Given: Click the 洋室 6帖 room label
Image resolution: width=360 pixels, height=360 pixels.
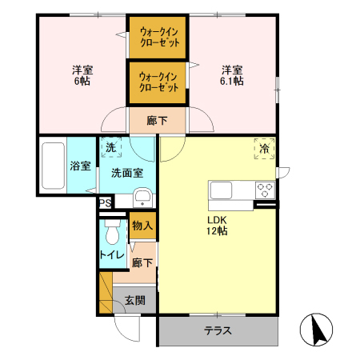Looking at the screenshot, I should pyautogui.click(x=81, y=74).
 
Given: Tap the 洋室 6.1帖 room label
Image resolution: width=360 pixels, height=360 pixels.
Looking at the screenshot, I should pyautogui.click(x=232, y=74).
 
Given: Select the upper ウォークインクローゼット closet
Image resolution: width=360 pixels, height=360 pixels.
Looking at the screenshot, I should pyautogui.click(x=158, y=37).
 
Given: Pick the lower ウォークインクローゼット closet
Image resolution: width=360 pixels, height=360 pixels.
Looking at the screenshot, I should pyautogui.click(x=158, y=82).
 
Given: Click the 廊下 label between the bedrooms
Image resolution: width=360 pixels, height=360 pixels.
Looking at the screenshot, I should pyautogui.click(x=158, y=122).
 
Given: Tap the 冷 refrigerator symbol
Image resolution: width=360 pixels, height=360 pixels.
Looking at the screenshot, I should pyautogui.click(x=264, y=148).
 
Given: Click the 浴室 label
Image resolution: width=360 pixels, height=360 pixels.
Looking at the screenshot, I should pyautogui.click(x=80, y=166).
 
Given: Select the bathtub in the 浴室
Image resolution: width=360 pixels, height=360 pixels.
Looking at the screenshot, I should pyautogui.click(x=52, y=166).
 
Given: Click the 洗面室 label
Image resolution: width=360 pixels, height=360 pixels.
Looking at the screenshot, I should pyautogui.click(x=126, y=172).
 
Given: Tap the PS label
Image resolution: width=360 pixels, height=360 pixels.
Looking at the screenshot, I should pyautogui.click(x=105, y=204).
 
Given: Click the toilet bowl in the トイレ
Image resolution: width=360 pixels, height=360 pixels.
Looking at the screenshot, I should pyautogui.click(x=111, y=233).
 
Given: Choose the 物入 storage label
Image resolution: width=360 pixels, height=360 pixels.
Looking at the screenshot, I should pyautogui.click(x=142, y=226).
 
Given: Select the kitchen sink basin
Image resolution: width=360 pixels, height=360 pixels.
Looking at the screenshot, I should pyautogui.click(x=222, y=190).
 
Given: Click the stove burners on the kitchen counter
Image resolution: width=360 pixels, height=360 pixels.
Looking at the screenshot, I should pyautogui.click(x=265, y=190).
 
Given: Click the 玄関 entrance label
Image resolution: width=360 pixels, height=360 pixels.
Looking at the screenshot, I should pyautogui.click(x=134, y=301).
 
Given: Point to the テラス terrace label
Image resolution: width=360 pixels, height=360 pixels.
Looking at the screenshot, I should pyautogui.click(x=218, y=330).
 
